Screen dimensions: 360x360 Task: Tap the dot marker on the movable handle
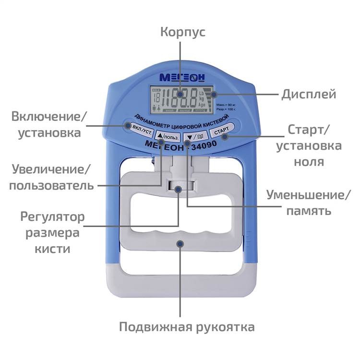180,244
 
